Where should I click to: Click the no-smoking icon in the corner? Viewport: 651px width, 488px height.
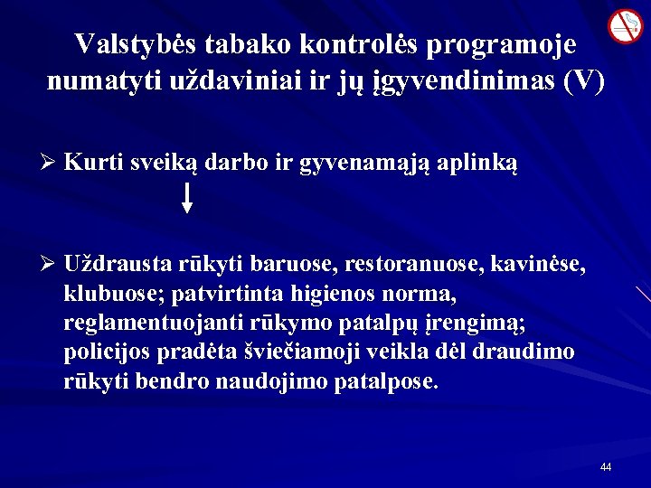(x=624, y=26)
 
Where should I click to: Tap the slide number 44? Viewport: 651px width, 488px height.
(x=606, y=467)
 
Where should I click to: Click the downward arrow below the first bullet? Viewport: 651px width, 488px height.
(x=187, y=196)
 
